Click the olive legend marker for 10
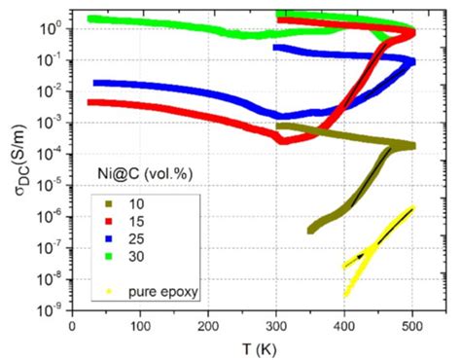pyautogui.click(x=112, y=204)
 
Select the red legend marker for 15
pyautogui.click(x=112, y=222)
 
